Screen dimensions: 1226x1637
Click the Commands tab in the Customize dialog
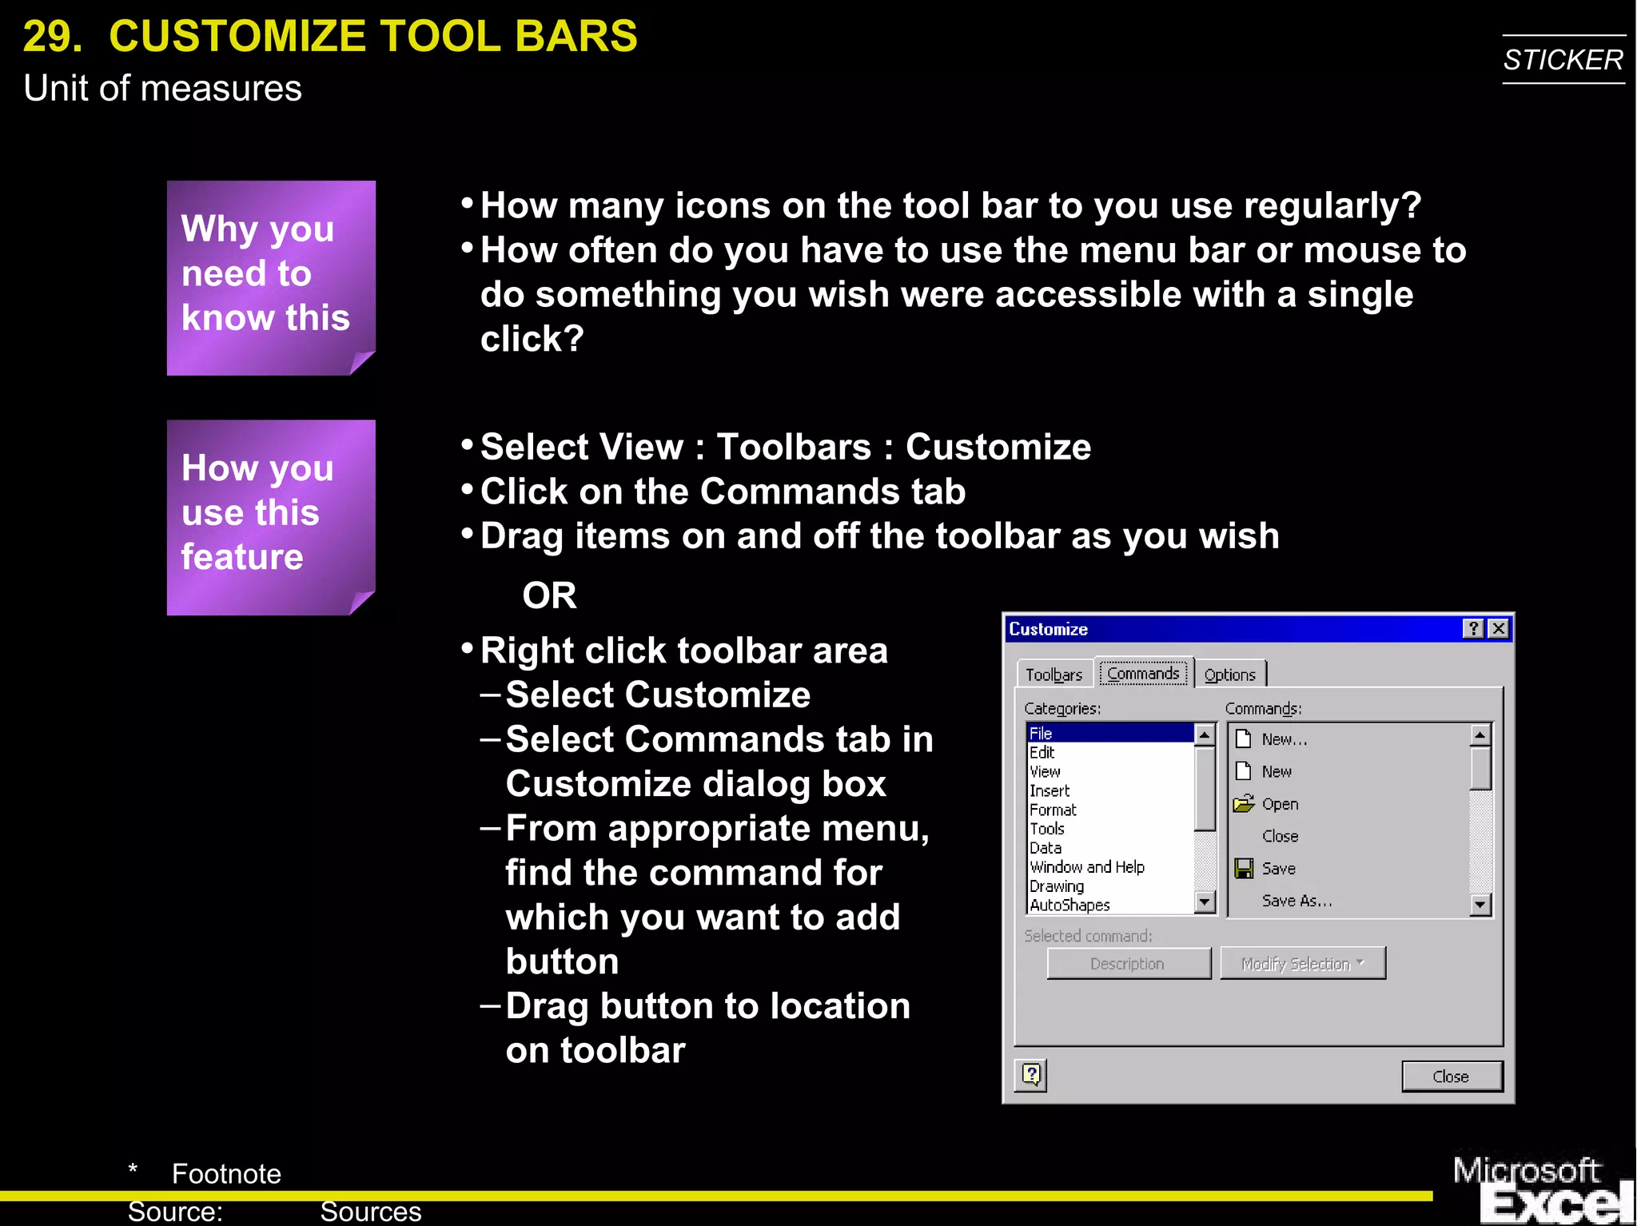(1143, 674)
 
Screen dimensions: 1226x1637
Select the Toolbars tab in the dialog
(1053, 675)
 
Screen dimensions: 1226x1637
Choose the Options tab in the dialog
(1229, 675)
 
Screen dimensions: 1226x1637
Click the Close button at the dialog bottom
(1451, 1077)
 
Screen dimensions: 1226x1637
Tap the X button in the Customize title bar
(1499, 629)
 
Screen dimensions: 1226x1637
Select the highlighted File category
(1109, 733)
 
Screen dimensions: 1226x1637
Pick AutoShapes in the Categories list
(1069, 905)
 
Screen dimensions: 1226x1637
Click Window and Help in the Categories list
(1087, 867)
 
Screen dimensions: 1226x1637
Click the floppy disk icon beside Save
(1244, 868)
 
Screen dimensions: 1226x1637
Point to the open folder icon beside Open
(1244, 803)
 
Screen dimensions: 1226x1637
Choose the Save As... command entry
(1296, 901)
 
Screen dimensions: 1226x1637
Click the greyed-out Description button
(1128, 964)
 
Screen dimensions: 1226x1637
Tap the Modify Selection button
(1302, 964)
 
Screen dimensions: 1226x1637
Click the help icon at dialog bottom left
(1031, 1075)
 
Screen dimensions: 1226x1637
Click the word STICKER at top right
(1563, 60)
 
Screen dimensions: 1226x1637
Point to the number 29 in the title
(52, 37)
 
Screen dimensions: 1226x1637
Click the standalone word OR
(549, 595)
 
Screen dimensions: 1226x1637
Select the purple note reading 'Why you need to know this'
(270, 277)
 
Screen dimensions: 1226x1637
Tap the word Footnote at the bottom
(226, 1173)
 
